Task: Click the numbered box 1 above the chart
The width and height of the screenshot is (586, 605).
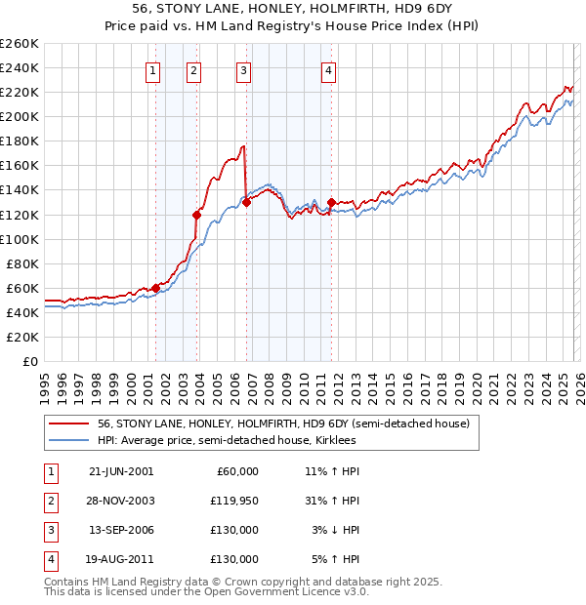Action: (x=154, y=70)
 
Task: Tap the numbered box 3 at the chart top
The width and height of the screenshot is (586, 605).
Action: (x=243, y=70)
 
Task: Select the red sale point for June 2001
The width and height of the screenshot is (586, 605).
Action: (x=155, y=288)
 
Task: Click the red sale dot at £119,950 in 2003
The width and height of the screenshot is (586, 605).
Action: (x=197, y=215)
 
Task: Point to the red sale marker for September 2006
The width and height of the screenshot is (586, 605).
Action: (x=246, y=202)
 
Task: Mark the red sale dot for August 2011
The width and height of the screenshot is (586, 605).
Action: (x=331, y=202)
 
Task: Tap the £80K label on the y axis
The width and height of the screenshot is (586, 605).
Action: (x=22, y=263)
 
